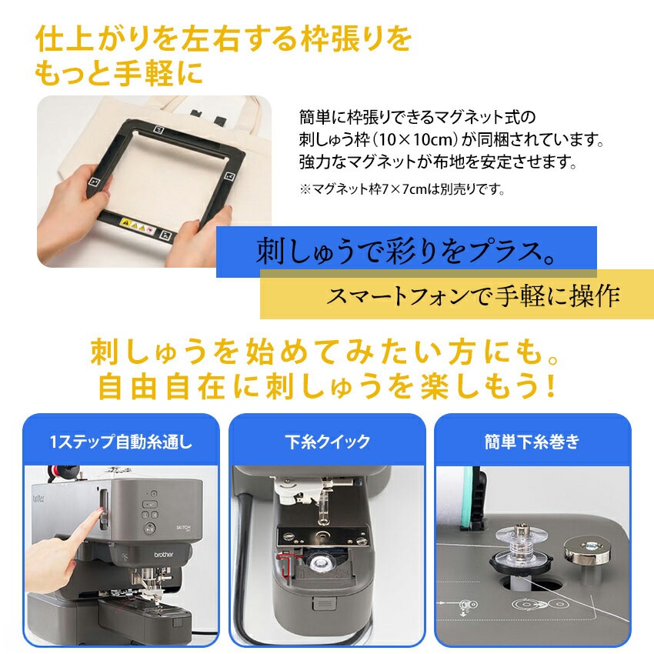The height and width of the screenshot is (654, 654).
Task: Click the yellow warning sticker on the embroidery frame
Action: [138, 225]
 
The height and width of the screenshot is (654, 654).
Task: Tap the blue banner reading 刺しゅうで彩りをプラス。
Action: [406, 252]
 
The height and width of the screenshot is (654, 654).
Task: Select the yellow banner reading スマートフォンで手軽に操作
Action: [457, 295]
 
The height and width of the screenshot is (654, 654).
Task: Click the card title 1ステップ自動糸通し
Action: [121, 442]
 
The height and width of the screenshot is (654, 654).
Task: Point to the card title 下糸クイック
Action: [328, 442]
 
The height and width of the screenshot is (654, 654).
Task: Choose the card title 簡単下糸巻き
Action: [532, 442]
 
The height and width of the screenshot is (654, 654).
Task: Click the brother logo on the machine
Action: [163, 554]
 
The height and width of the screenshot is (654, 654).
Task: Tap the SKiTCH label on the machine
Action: [183, 529]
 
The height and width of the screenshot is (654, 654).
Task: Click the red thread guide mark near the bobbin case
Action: [287, 563]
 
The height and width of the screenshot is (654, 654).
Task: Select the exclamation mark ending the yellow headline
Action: [551, 385]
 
